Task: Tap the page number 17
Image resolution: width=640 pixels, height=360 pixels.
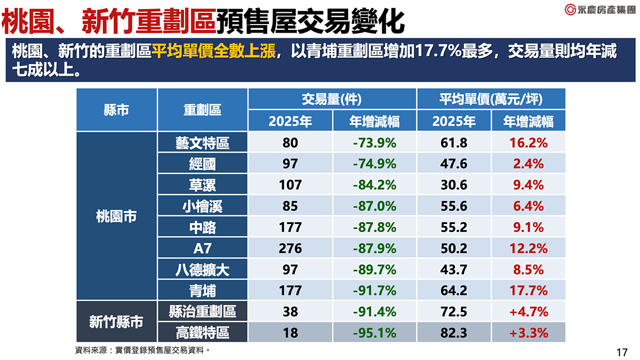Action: [x=621, y=353]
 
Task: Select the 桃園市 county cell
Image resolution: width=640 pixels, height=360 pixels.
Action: [x=116, y=217]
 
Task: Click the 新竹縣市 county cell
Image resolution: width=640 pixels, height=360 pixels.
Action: [x=116, y=322]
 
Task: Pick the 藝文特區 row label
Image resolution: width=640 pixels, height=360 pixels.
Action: [x=202, y=143]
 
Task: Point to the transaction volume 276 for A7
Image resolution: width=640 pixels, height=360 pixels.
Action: [x=290, y=249]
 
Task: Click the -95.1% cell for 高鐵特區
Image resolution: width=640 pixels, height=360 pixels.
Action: [x=374, y=333]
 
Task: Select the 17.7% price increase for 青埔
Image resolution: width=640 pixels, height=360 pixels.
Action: [x=528, y=291]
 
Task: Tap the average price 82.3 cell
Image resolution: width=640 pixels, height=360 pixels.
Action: [x=453, y=333]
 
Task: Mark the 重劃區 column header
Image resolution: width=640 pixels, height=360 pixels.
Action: [x=202, y=110]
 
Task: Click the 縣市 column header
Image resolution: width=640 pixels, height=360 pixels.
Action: [x=116, y=110]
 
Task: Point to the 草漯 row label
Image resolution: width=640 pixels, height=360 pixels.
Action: [x=202, y=185]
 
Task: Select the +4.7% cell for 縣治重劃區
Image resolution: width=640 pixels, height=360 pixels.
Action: [x=528, y=311]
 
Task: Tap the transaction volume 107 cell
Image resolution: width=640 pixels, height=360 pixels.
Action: [x=290, y=185]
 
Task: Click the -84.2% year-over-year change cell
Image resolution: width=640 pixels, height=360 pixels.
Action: [x=374, y=185]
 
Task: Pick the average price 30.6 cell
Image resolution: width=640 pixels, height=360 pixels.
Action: [x=453, y=185]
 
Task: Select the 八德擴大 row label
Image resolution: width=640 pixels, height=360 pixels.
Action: [x=202, y=270]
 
